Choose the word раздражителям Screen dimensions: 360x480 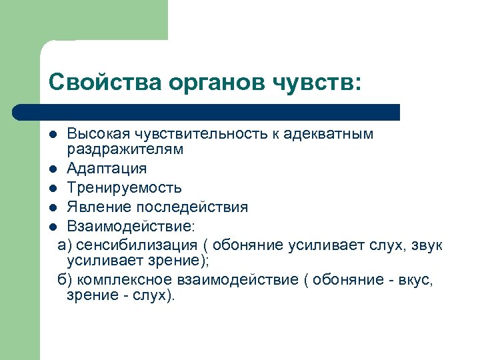coord(125,149)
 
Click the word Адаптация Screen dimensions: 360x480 coord(107,169)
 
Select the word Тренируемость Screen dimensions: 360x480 coord(124,188)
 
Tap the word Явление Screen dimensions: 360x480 coord(95,207)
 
